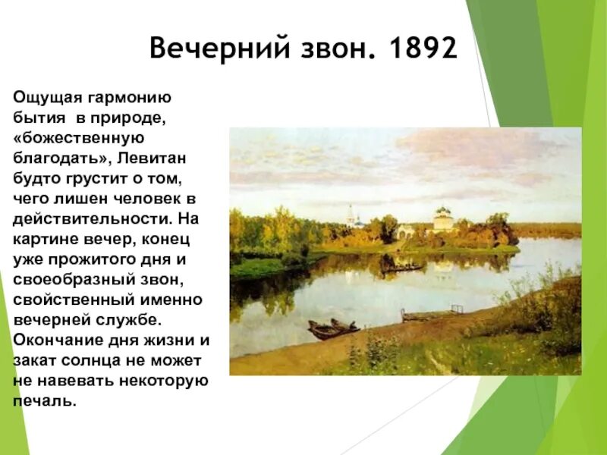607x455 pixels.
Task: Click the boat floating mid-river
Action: click(403, 268)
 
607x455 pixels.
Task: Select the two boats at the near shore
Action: click(333, 328)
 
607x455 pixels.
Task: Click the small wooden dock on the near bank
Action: click(432, 313)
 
